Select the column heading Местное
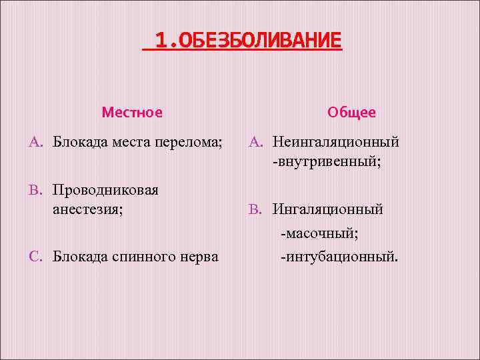[x=132, y=113]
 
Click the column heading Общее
[x=351, y=113]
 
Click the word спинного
[x=146, y=256]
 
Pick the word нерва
[x=199, y=256]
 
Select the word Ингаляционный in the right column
[x=327, y=209]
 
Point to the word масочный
[x=321, y=233]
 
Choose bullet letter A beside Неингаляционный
[x=255, y=142]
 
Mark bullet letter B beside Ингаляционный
[x=255, y=209]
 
